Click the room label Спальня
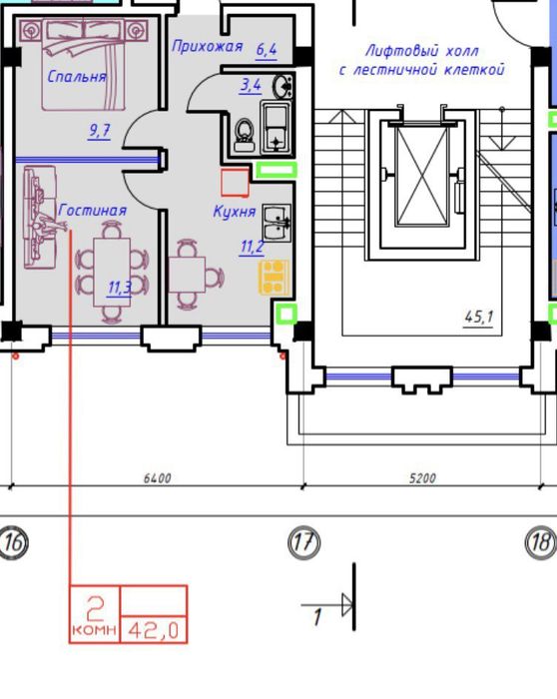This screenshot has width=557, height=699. (77, 77)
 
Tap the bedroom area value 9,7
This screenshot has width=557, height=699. (100, 131)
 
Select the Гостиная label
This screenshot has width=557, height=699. (93, 210)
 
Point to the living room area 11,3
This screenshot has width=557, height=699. (120, 288)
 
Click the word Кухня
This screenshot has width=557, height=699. (235, 212)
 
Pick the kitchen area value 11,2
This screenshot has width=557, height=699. (252, 247)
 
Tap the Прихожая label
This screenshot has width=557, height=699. (208, 46)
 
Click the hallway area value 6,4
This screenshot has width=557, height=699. (267, 50)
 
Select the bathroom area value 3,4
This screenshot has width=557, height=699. (251, 85)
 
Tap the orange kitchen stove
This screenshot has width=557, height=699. (275, 278)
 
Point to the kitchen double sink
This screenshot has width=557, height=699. (277, 223)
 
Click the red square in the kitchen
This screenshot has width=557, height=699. (235, 183)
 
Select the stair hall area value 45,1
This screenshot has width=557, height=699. (478, 317)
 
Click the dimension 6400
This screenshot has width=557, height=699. (158, 478)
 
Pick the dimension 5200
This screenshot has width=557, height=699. (422, 478)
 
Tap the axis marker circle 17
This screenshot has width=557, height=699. (303, 543)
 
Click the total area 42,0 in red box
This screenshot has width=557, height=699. (154, 630)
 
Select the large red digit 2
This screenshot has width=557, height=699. (95, 609)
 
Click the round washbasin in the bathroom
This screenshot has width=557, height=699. (282, 86)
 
